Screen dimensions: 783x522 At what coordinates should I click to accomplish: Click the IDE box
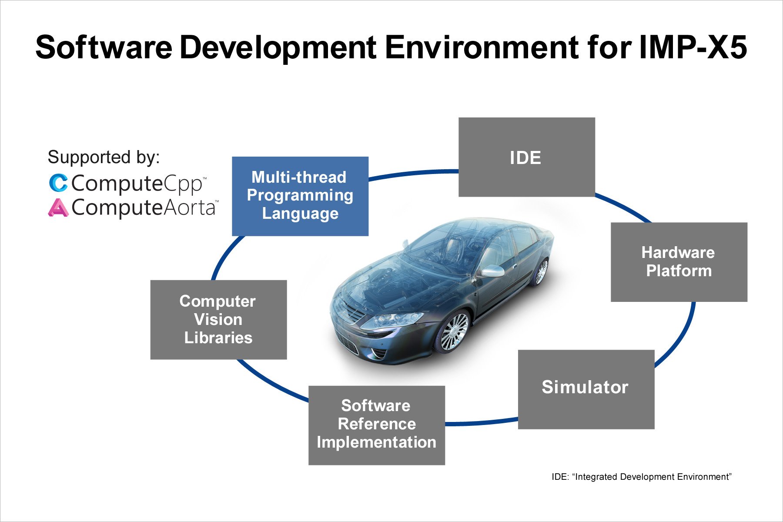point(527,157)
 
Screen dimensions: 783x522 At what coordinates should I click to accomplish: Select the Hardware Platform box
point(679,262)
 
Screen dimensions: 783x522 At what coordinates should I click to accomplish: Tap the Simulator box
point(586,389)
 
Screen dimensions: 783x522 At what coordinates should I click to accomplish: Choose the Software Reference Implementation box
point(377,425)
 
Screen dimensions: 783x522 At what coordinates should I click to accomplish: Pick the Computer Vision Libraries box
point(218,320)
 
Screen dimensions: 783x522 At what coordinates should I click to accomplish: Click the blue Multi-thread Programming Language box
point(300,196)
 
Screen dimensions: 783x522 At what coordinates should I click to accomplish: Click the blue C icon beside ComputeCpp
point(58,183)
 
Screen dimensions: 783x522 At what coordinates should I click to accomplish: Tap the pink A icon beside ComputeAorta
point(58,207)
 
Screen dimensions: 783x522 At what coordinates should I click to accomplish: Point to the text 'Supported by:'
point(104,157)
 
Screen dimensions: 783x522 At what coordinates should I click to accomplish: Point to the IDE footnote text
point(642,477)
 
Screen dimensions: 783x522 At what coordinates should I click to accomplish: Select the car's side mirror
point(492,271)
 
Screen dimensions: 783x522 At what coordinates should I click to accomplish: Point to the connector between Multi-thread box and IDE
point(413,173)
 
